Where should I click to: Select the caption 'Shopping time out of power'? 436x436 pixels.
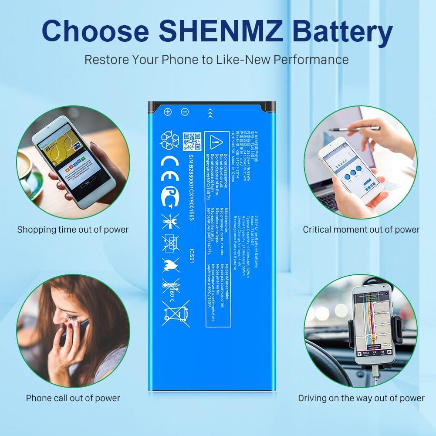73,229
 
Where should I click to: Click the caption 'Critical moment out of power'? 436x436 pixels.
361,229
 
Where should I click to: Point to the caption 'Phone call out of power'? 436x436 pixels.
73,398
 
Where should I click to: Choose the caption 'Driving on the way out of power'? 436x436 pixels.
361,398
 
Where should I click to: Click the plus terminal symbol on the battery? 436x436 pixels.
168,112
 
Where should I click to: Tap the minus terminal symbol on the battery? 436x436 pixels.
185,112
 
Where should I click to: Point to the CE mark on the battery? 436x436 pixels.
170,164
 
